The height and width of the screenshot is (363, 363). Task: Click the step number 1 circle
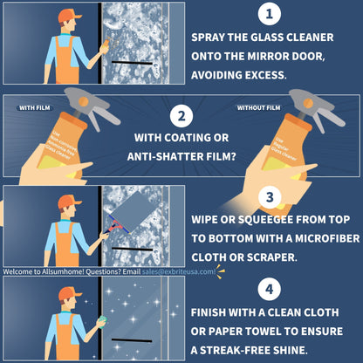click(270, 15)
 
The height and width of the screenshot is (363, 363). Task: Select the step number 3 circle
click(270, 197)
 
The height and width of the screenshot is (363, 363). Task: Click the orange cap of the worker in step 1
click(69, 15)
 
